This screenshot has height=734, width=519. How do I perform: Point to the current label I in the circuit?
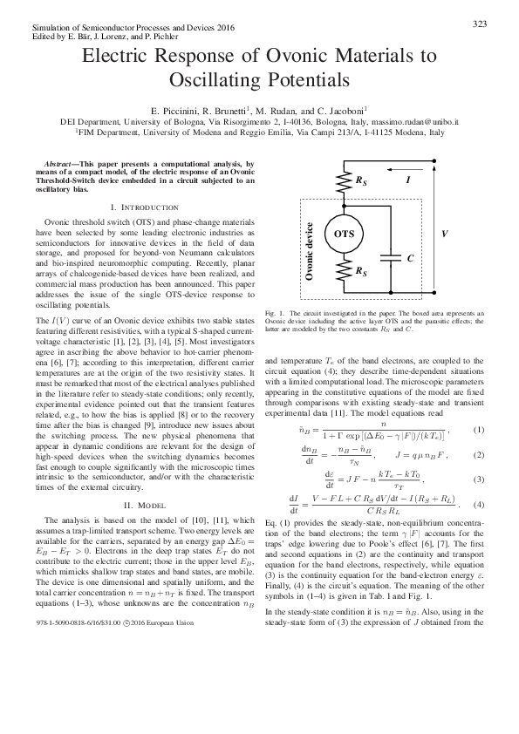[x=409, y=179]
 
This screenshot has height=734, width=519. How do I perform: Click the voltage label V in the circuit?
[x=445, y=234]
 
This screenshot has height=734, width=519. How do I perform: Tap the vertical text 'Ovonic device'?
[x=309, y=250]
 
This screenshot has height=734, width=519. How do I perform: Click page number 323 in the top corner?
[x=478, y=24]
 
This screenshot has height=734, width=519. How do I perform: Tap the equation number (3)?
[x=477, y=479]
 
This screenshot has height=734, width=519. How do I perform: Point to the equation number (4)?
[x=477, y=505]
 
